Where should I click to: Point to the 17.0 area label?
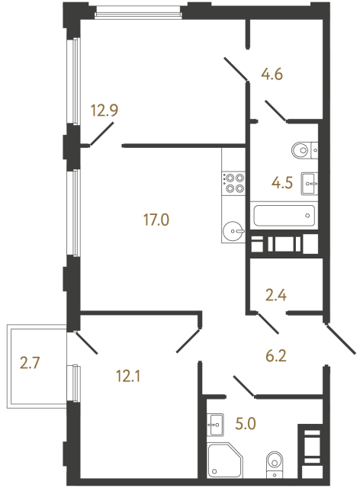[155, 221]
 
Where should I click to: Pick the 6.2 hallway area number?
[279, 354]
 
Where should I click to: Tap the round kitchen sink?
[233, 228]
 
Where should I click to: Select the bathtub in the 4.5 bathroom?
[283, 215]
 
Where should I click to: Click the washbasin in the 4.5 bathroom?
[309, 182]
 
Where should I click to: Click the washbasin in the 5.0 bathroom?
[214, 422]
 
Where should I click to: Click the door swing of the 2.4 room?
[268, 323]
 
